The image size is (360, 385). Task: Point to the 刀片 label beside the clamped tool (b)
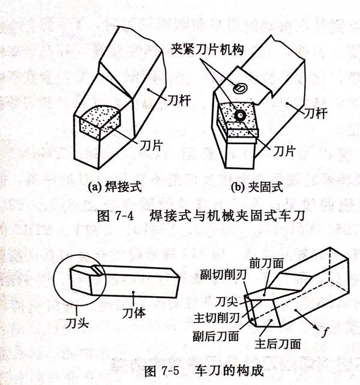[x=286, y=147]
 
